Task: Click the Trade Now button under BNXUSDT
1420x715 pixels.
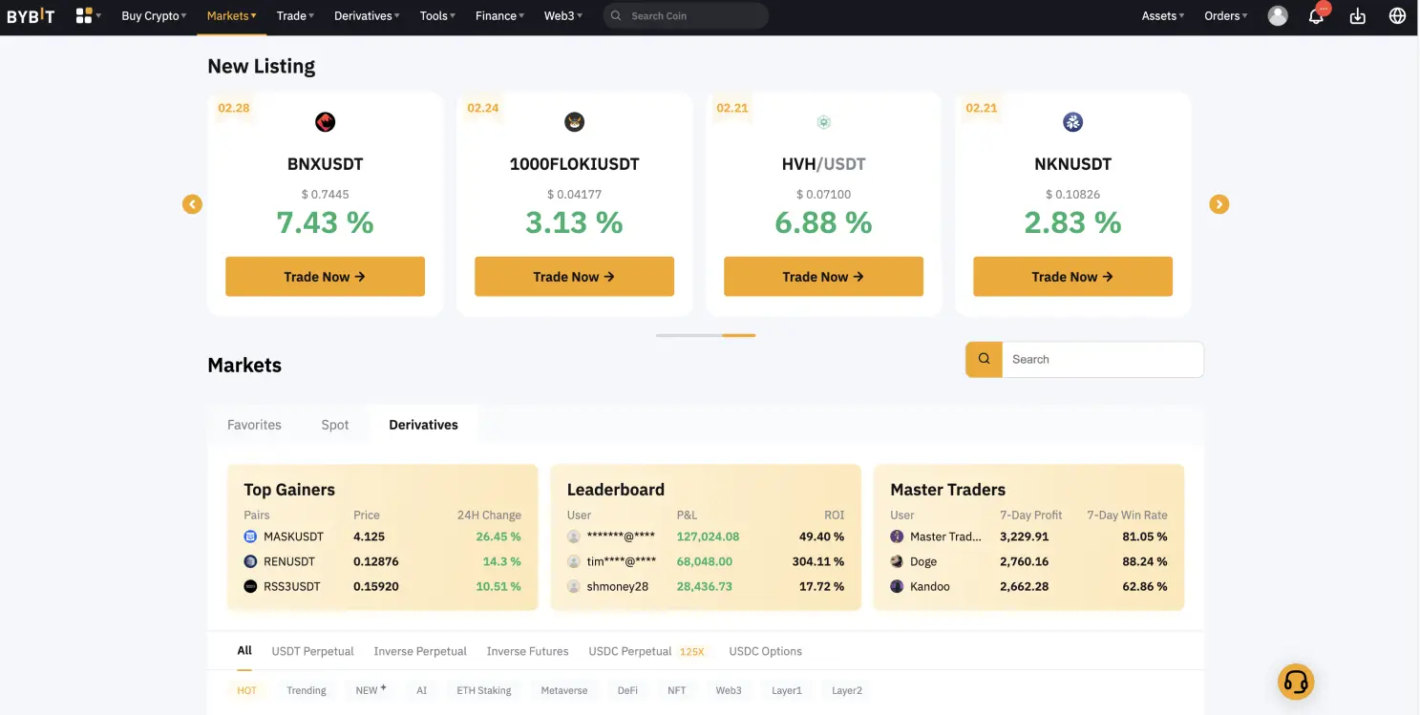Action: (x=325, y=277)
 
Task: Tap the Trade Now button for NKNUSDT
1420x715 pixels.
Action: (x=1072, y=277)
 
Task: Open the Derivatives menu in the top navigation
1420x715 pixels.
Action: (x=367, y=16)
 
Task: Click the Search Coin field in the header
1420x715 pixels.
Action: (x=692, y=16)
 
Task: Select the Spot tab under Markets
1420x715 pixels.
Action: (x=335, y=425)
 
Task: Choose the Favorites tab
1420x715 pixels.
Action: (x=254, y=425)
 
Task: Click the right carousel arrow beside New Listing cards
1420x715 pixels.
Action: (x=1219, y=204)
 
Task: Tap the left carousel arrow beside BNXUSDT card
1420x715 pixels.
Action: (x=193, y=204)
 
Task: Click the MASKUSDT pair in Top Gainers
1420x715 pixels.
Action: (x=293, y=536)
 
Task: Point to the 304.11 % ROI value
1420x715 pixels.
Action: (x=817, y=561)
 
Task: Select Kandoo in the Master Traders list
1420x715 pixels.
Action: (x=929, y=586)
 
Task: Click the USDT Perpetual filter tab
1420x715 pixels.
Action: (x=312, y=651)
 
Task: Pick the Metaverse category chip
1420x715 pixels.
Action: (x=563, y=690)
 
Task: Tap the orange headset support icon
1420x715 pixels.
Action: (x=1296, y=682)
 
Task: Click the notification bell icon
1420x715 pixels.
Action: (x=1316, y=16)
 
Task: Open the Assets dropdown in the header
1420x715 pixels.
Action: (x=1162, y=16)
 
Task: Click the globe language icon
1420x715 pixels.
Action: (x=1397, y=16)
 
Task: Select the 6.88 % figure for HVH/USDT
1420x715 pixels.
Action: (x=823, y=222)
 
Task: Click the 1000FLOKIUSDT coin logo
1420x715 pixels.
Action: (x=574, y=122)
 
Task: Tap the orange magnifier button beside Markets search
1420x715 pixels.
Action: (x=984, y=359)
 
